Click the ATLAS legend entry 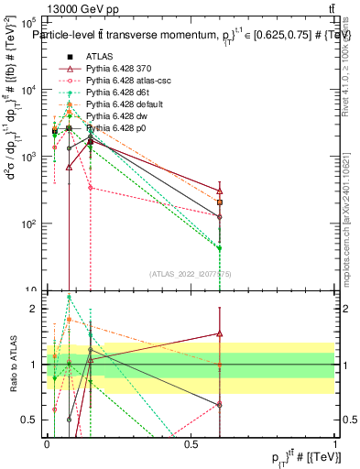point(99,56)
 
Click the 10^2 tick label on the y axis point(28,224)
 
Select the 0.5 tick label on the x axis point(191,443)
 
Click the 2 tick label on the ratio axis point(34,309)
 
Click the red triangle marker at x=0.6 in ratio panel point(220,333)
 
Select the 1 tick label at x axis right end point(335,443)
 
